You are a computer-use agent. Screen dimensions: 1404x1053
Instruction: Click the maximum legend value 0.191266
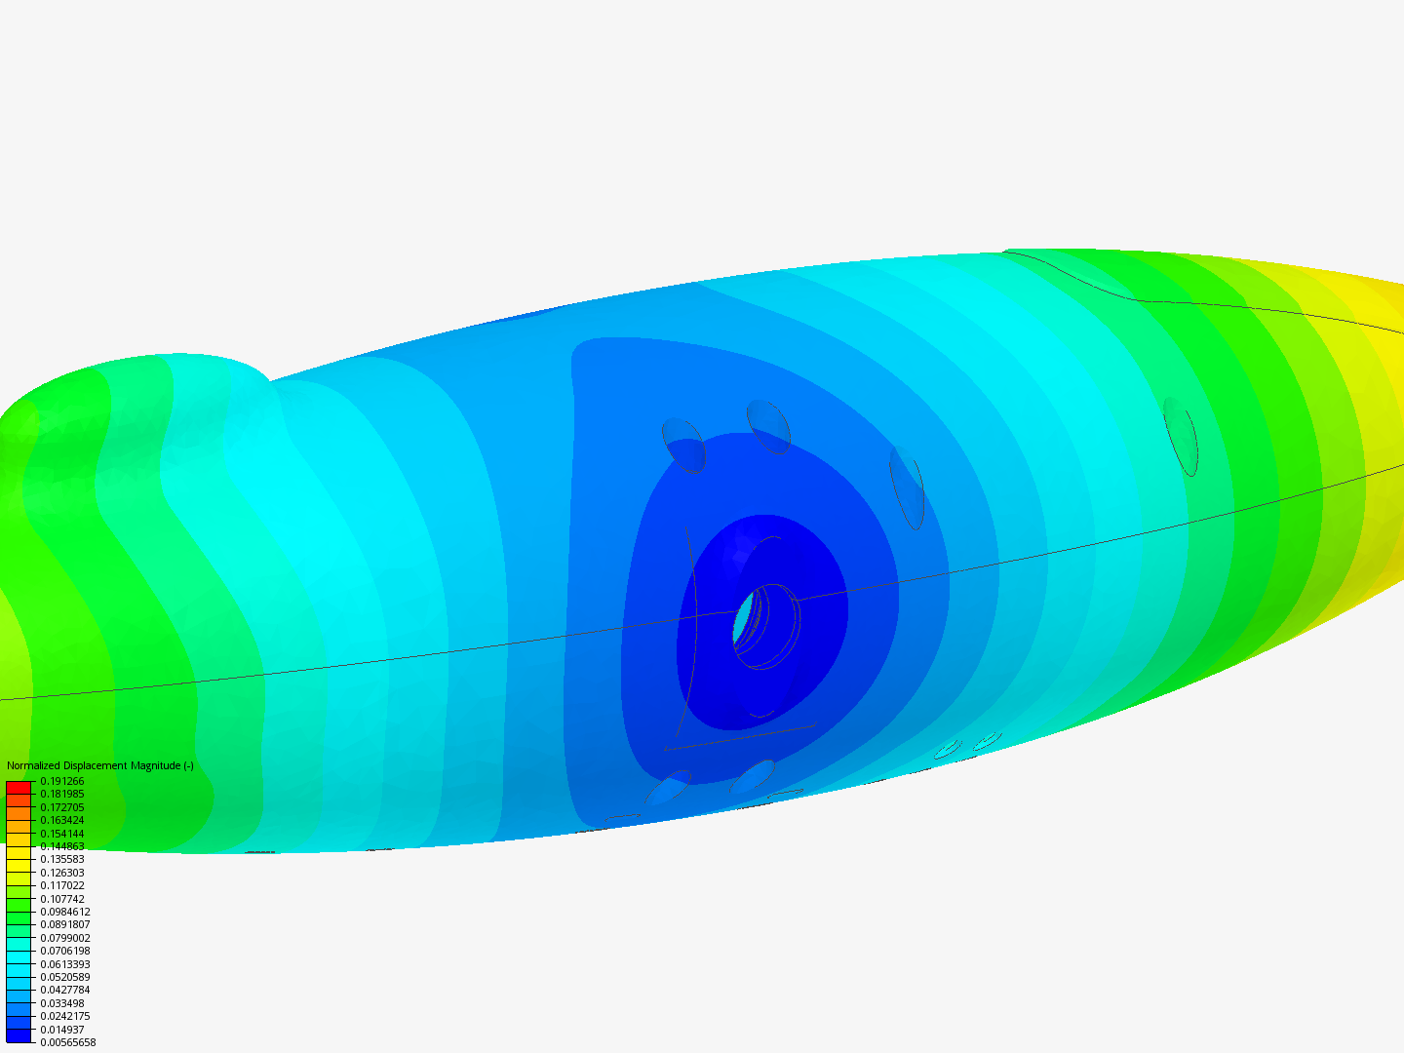click(x=62, y=781)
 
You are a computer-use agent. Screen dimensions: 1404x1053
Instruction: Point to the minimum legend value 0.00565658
click(x=68, y=1043)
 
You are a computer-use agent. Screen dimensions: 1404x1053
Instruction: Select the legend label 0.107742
click(x=62, y=899)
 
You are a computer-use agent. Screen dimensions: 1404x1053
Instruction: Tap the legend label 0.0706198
click(x=65, y=952)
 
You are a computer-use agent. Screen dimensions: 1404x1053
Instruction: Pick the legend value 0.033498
click(x=62, y=1004)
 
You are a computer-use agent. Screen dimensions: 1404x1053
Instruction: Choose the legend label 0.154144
click(x=62, y=834)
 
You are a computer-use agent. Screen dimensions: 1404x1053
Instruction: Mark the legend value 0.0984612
click(x=65, y=912)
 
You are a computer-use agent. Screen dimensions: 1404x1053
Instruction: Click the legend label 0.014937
click(x=62, y=1030)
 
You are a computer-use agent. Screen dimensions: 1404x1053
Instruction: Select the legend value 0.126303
click(x=62, y=873)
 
